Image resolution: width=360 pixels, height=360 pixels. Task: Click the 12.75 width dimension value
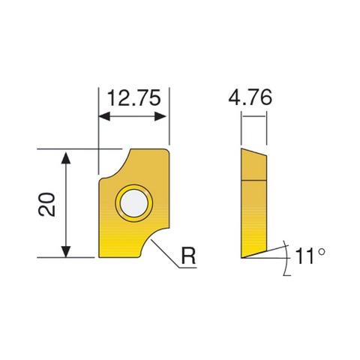coord(133,97)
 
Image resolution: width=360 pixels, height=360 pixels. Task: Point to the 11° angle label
coord(307,255)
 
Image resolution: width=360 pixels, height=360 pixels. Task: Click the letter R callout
coord(190,256)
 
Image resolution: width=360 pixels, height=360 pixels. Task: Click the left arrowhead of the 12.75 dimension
coord(104,117)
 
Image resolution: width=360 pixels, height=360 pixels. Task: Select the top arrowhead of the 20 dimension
coord(67,155)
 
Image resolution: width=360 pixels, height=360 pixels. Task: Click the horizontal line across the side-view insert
coord(253,180)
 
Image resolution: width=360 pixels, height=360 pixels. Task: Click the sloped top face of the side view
coord(253,152)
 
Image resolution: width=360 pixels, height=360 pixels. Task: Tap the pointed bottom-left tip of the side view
coord(242,257)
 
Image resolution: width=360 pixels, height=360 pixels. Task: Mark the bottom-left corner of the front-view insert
coord(100,257)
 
